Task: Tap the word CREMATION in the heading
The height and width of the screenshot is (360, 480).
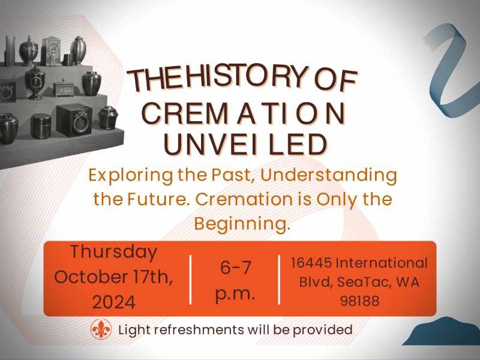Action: [x=244, y=113]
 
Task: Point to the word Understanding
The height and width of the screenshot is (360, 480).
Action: [x=328, y=175]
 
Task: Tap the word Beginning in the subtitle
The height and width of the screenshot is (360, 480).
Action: [x=242, y=224]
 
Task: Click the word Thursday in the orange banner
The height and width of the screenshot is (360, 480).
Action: [x=113, y=252]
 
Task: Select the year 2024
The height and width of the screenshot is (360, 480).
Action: [x=113, y=302]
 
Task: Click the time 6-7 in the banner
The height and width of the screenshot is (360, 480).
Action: [x=235, y=267]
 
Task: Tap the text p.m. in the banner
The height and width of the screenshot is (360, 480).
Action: [x=235, y=294]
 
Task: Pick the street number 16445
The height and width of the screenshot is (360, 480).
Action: [x=311, y=263]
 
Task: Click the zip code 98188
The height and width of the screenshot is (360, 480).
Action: [x=359, y=301]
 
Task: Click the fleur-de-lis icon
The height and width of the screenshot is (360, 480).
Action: [x=101, y=329]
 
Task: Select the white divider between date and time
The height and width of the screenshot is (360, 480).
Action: [x=191, y=280]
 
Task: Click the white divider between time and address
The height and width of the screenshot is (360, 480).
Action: [x=279, y=280]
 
